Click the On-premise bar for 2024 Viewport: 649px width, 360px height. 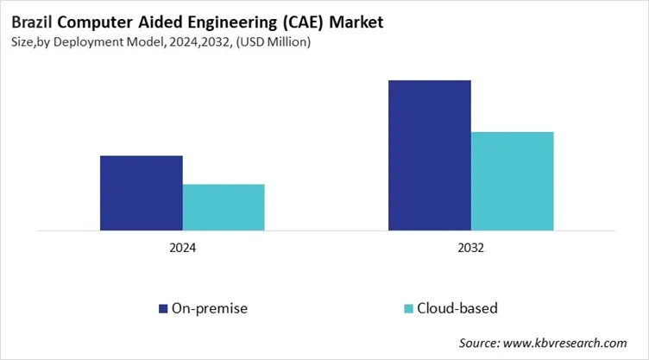click(x=142, y=193)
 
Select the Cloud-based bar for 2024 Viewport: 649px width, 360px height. click(x=224, y=208)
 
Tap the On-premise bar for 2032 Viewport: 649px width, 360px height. click(x=430, y=155)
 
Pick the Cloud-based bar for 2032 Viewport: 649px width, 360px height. click(x=512, y=181)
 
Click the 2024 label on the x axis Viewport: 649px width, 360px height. click(x=182, y=248)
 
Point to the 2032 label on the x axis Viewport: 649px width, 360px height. click(x=470, y=248)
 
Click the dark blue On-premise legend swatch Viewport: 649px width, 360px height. click(x=162, y=308)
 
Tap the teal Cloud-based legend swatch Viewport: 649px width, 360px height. click(x=407, y=308)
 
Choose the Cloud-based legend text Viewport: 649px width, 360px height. click(x=457, y=308)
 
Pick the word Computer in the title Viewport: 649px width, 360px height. click(x=92, y=16)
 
